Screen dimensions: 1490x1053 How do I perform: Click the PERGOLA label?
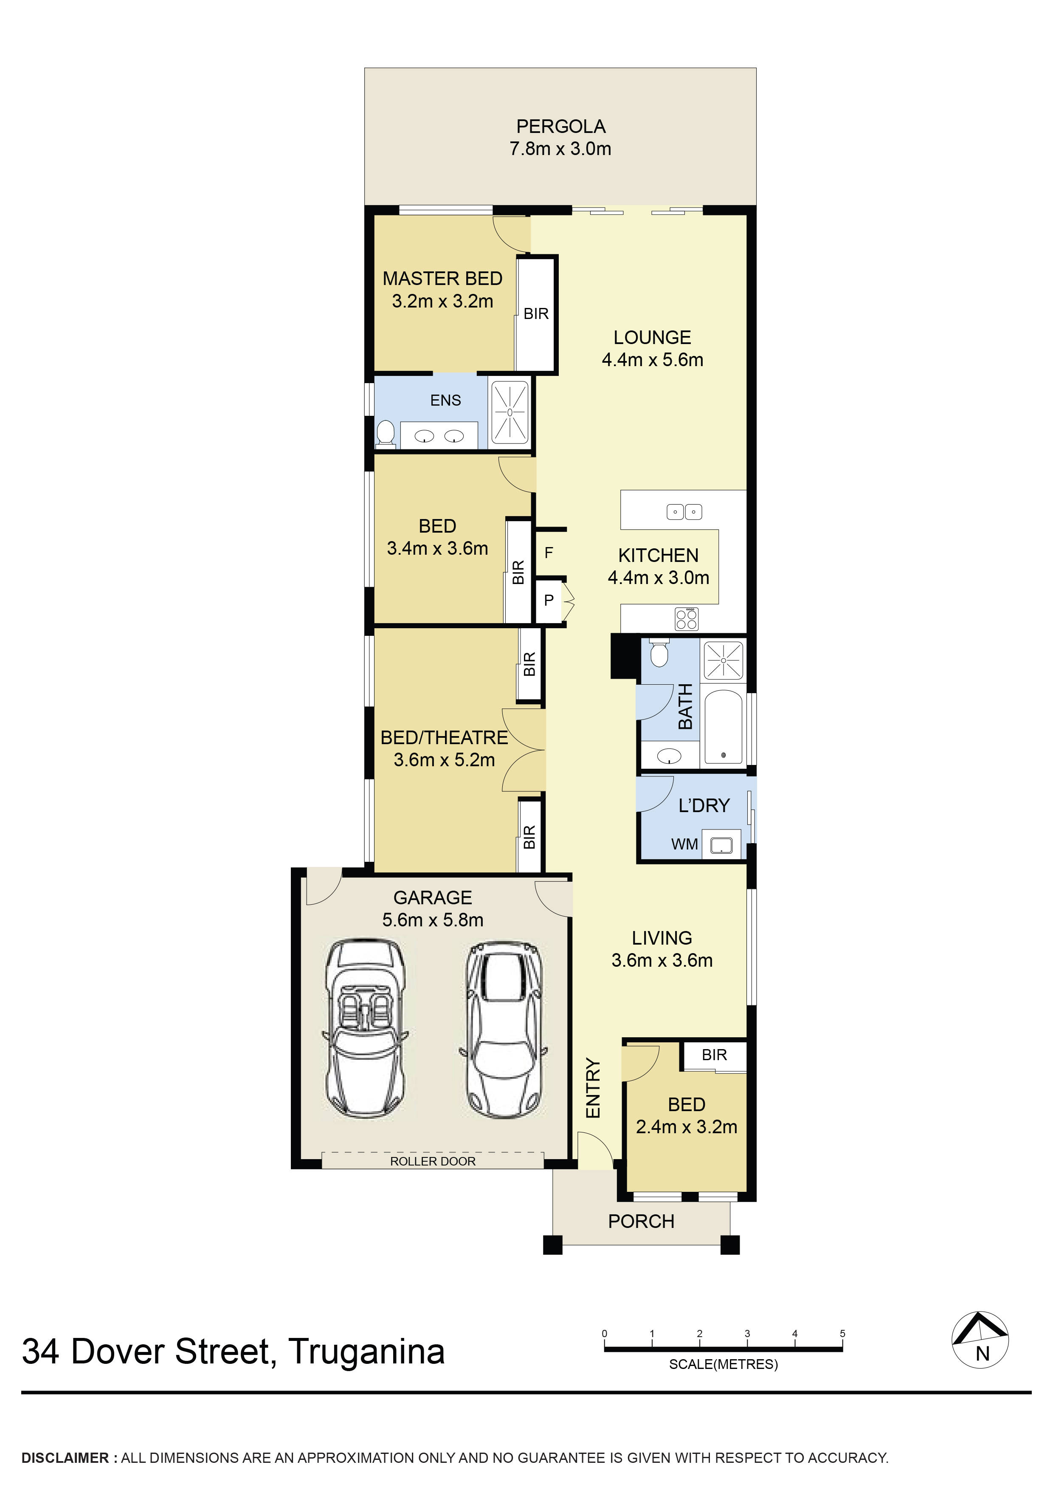coord(560,127)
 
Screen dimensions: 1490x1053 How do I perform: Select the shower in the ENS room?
coord(510,412)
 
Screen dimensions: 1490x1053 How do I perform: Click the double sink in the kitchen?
coord(684,512)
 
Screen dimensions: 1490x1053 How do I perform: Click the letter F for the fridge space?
coord(549,553)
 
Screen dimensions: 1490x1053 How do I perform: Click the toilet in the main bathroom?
coord(659,654)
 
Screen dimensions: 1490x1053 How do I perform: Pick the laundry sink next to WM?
coord(721,845)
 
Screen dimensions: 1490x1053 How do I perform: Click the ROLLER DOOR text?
coord(433,1161)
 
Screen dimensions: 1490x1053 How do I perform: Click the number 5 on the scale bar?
coord(842,1334)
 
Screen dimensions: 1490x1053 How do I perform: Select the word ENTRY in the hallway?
coord(593,1088)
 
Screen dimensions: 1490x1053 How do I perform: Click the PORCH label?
coord(641,1221)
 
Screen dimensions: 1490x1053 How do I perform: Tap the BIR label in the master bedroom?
coord(536,314)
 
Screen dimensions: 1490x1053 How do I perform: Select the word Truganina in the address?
coord(366,1352)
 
